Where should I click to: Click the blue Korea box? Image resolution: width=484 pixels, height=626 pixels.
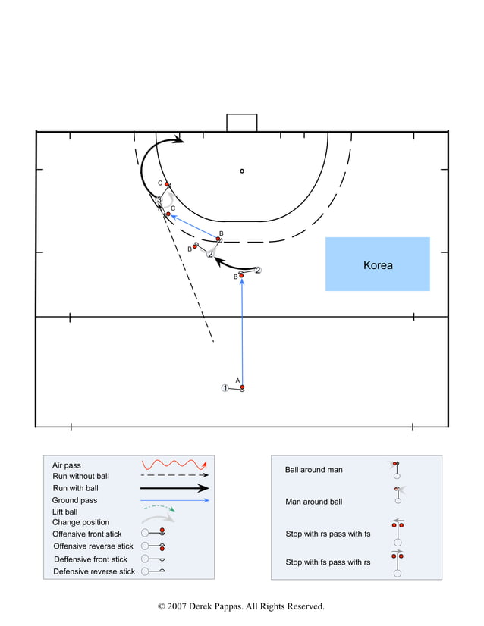click(377, 264)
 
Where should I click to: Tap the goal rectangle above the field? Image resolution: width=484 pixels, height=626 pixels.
click(241, 123)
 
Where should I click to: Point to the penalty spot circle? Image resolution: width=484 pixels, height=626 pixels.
click(242, 171)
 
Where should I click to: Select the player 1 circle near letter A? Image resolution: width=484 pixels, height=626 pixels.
click(225, 388)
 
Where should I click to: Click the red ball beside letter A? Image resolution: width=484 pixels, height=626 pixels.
click(242, 388)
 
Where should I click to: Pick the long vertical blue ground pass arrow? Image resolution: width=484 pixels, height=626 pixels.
click(242, 333)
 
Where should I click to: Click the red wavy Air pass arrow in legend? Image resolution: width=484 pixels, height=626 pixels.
click(174, 464)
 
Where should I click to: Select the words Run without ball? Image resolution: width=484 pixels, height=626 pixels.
click(80, 476)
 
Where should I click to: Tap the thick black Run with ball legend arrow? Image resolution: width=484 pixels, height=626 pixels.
click(174, 488)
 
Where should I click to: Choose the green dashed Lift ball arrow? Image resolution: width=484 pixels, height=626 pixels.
click(159, 509)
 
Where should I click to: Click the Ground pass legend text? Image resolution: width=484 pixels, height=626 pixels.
click(74, 500)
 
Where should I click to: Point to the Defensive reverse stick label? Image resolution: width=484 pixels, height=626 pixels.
click(94, 571)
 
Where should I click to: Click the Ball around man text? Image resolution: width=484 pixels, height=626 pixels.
click(313, 470)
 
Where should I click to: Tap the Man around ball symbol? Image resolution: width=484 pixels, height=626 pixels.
click(398, 495)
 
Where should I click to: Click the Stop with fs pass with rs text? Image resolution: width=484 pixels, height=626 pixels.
click(328, 562)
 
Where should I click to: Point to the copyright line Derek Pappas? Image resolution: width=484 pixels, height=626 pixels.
click(241, 606)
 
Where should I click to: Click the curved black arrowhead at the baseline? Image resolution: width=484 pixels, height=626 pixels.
click(179, 139)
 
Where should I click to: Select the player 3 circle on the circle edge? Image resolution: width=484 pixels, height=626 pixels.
click(159, 199)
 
